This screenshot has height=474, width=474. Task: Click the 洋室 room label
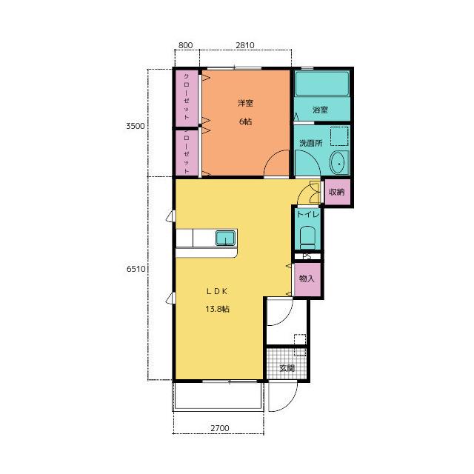click(x=245, y=103)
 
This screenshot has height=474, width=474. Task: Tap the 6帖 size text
click(x=245, y=121)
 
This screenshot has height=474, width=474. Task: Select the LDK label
click(x=217, y=291)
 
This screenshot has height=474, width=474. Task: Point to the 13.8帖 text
click(x=217, y=309)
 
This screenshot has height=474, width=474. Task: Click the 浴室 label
click(x=320, y=110)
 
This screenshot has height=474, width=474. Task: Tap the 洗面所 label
click(x=311, y=143)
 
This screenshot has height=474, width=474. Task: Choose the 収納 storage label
click(x=336, y=192)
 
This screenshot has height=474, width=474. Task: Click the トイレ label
click(x=308, y=214)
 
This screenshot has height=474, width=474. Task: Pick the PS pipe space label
click(x=307, y=257)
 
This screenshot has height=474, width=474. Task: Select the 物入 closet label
click(x=307, y=278)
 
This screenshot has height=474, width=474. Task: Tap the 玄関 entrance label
click(x=287, y=368)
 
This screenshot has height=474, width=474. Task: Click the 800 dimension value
click(x=185, y=45)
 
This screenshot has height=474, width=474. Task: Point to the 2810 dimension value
click(x=245, y=45)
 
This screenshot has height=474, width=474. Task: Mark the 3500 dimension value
click(x=136, y=126)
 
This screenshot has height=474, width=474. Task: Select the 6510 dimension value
click(x=136, y=268)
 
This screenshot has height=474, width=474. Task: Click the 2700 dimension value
click(x=220, y=428)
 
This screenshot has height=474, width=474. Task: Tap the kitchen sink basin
click(x=225, y=238)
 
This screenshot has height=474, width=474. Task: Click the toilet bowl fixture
click(x=307, y=238)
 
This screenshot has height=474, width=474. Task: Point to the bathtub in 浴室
click(x=322, y=84)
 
